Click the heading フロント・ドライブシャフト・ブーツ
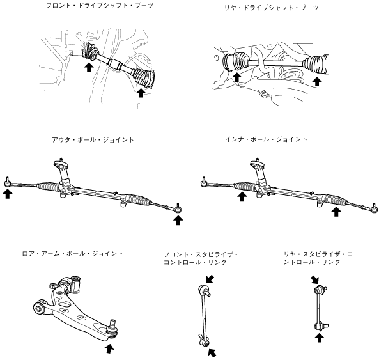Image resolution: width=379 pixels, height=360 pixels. (100, 6)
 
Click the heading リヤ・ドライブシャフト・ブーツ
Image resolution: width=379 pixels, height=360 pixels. (272, 8)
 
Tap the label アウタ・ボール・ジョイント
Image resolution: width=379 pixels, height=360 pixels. (93, 140)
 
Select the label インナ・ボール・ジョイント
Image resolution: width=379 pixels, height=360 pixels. (266, 139)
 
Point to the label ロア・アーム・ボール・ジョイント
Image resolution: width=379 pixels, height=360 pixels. (72, 254)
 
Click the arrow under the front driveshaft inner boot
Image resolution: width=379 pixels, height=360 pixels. (89, 67)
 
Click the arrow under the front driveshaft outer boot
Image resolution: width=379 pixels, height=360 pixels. (141, 93)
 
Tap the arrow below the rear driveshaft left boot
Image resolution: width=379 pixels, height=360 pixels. (237, 77)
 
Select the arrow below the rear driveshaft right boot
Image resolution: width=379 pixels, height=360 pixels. (317, 82)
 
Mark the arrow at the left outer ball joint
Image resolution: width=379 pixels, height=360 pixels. (8, 194)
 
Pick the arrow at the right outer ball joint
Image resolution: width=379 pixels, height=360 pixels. (178, 220)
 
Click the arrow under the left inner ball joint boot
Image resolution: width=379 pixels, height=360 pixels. (242, 196)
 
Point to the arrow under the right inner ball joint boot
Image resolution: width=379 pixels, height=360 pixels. (336, 212)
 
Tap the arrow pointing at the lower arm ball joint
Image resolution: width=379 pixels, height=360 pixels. (109, 348)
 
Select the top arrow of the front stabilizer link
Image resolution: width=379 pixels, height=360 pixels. (210, 278)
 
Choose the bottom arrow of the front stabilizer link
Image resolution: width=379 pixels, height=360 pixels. (212, 353)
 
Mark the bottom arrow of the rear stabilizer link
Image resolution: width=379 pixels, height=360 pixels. (320, 338)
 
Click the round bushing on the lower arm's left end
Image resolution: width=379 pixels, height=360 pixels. (40, 308)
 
